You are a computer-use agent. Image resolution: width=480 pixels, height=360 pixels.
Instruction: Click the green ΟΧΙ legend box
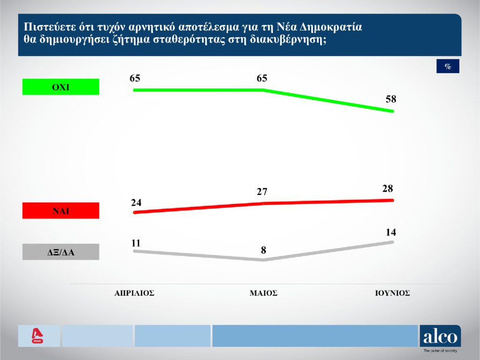(x=60, y=87)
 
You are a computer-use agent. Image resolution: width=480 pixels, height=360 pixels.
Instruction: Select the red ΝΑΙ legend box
(x=60, y=210)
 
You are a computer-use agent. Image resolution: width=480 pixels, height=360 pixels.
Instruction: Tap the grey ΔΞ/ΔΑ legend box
(x=60, y=252)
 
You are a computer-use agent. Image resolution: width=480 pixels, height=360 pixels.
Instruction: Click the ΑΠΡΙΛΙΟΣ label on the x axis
(x=135, y=293)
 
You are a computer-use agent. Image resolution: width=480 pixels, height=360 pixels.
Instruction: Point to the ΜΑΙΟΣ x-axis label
(x=263, y=293)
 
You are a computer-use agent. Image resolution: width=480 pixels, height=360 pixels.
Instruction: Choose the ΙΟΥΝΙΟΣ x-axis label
(x=392, y=293)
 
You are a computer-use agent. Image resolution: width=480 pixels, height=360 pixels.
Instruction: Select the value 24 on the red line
(x=136, y=202)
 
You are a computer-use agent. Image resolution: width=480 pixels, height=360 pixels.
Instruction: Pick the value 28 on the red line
(x=388, y=188)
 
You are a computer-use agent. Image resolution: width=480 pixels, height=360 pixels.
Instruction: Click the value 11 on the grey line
(x=136, y=243)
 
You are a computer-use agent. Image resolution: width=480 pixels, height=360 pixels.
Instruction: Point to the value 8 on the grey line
(x=264, y=250)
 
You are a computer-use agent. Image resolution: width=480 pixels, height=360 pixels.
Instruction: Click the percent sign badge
(x=448, y=67)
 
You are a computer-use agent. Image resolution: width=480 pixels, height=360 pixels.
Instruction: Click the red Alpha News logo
(x=37, y=336)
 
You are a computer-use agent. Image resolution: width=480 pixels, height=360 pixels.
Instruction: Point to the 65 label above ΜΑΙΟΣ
(x=262, y=78)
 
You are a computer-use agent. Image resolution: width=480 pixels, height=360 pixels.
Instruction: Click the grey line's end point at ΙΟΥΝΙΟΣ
(x=392, y=242)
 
